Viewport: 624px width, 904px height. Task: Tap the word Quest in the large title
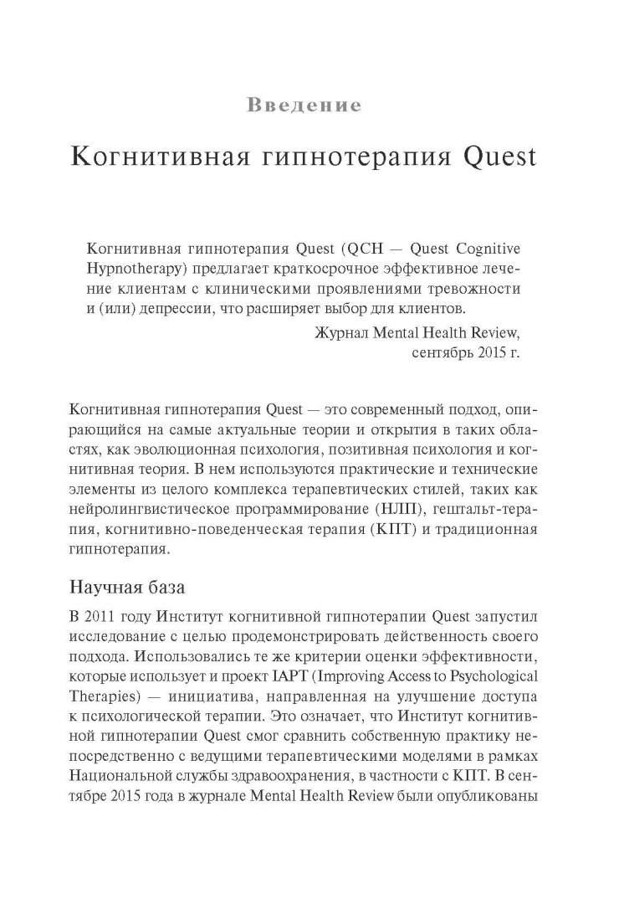coord(496,157)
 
